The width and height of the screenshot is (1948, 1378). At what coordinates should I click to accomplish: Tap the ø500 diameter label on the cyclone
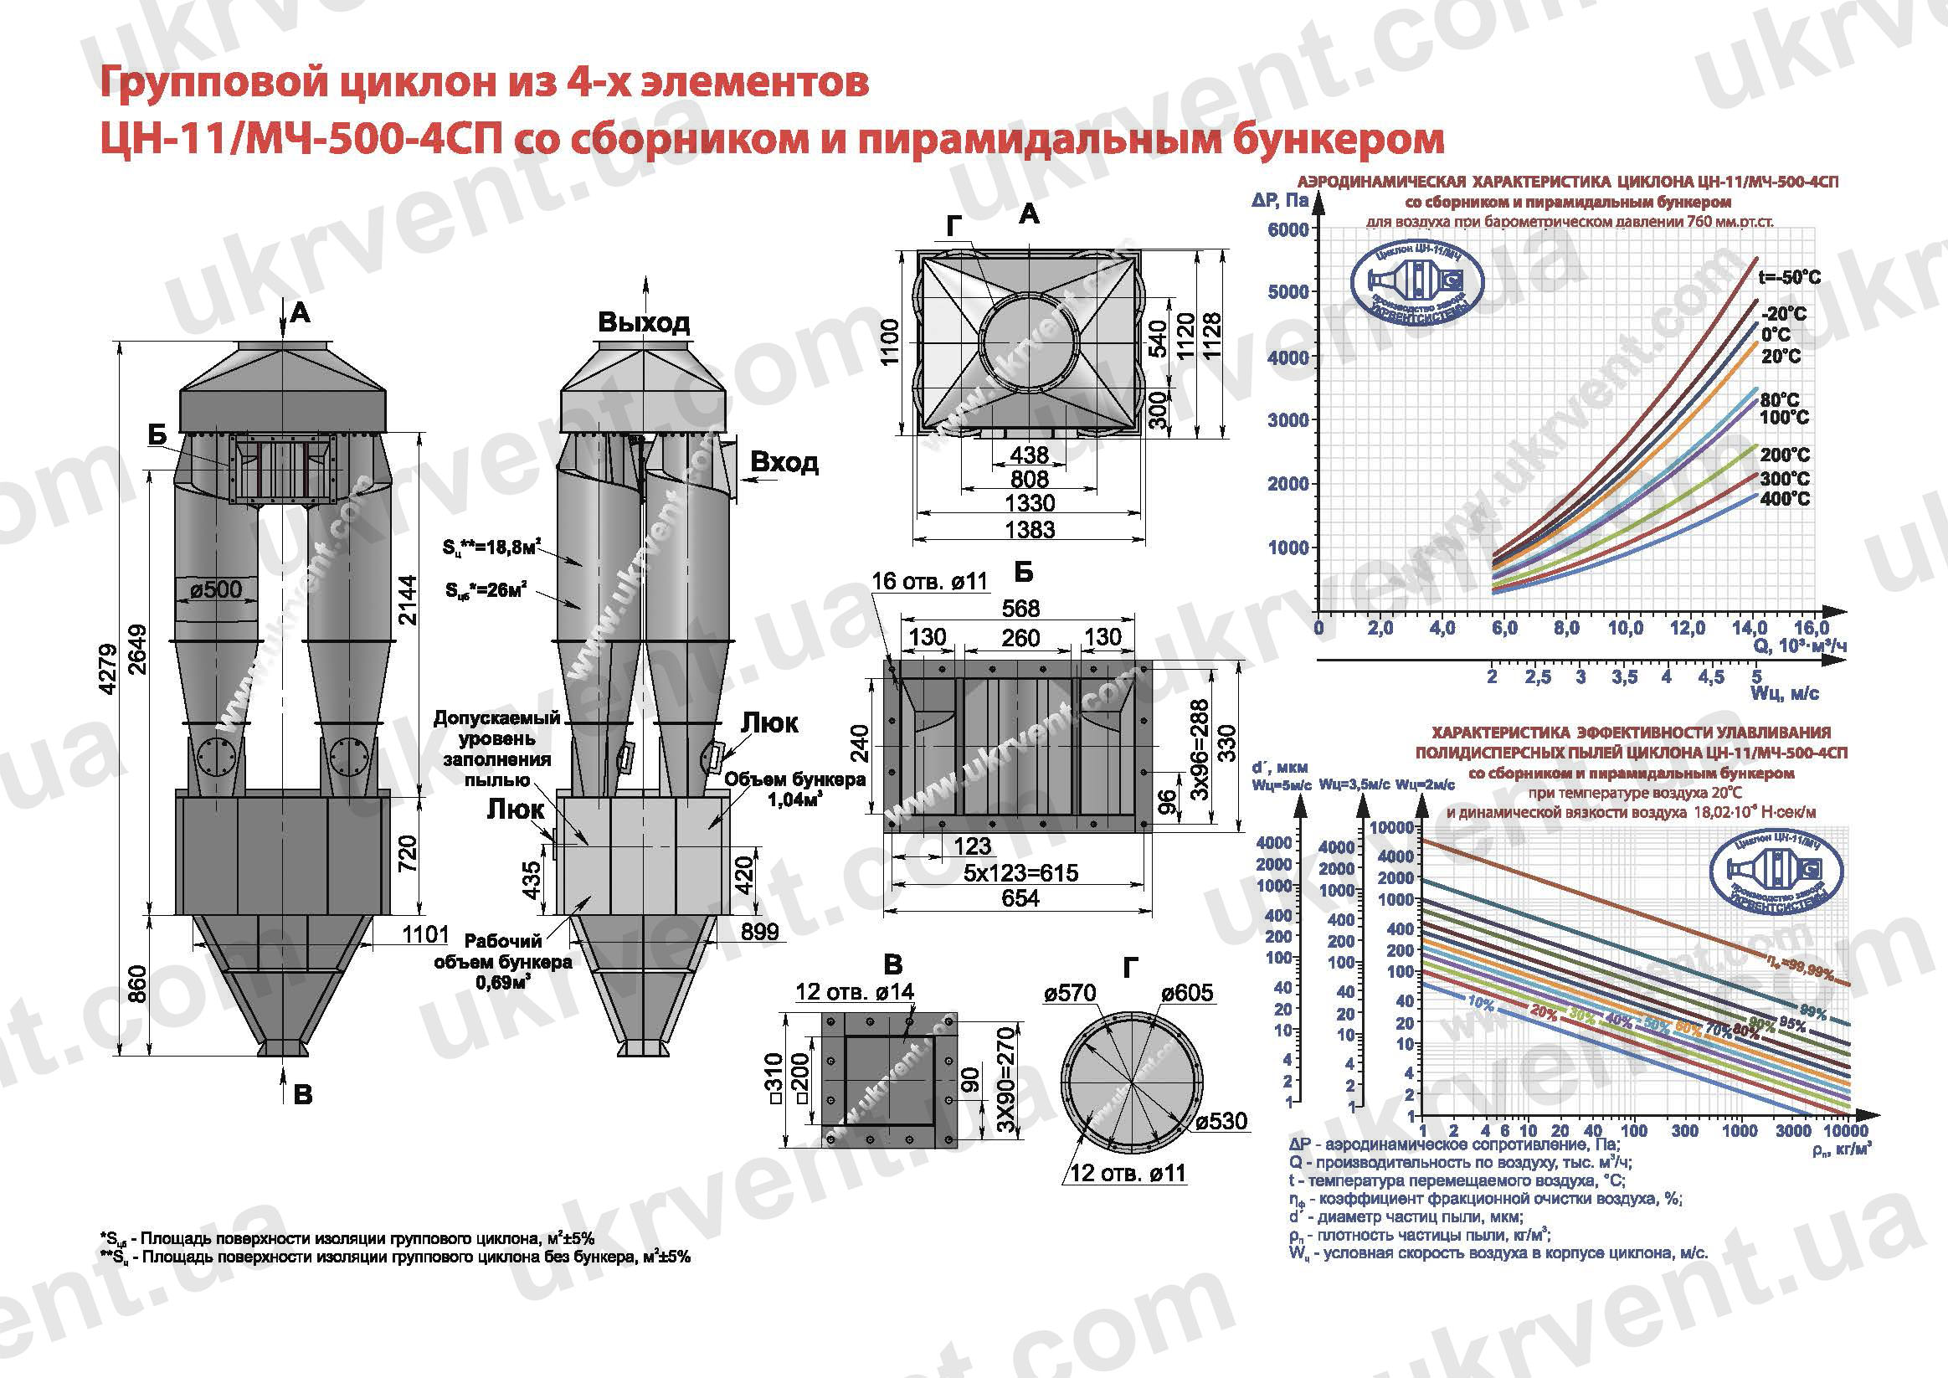(215, 589)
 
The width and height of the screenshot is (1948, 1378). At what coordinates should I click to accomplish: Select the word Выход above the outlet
(643, 322)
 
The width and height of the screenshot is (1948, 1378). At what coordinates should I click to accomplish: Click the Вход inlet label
(784, 462)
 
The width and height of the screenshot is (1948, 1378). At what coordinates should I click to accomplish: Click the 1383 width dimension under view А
(1029, 529)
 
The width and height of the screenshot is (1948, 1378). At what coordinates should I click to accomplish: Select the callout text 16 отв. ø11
(929, 581)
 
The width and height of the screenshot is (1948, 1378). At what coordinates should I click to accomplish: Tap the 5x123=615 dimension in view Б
(1020, 873)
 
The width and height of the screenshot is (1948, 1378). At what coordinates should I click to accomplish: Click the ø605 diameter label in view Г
(1187, 992)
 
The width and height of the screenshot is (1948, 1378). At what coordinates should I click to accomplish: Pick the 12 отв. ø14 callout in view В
(855, 991)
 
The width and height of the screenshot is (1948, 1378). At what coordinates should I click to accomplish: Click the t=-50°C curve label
(1788, 277)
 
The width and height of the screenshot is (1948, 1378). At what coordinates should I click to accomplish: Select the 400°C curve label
(1784, 499)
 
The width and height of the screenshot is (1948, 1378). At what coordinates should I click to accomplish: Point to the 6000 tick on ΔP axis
(1288, 230)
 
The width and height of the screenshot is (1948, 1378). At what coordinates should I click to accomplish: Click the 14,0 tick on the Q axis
(1749, 629)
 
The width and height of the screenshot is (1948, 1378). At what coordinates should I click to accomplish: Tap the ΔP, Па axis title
(1279, 201)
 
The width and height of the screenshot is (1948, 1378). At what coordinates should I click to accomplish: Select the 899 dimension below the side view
(758, 932)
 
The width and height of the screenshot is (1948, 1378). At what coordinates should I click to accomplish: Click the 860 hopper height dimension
(137, 984)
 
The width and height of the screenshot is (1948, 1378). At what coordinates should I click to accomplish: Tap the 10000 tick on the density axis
(1845, 1131)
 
